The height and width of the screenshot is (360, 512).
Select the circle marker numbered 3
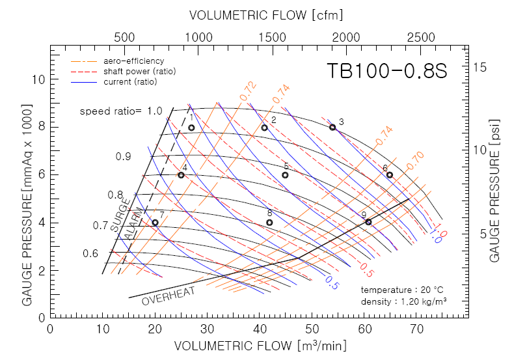[x=332, y=127]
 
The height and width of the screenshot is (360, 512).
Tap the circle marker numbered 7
[x=155, y=222]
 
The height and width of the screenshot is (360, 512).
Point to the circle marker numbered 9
[x=368, y=222]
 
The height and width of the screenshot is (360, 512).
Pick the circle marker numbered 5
[x=285, y=174]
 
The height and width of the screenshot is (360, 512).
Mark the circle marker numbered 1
[x=191, y=128]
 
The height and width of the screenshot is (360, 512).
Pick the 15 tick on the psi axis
[x=480, y=67]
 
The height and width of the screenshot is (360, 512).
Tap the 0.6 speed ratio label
[x=90, y=253]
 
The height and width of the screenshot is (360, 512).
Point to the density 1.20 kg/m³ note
[x=403, y=301]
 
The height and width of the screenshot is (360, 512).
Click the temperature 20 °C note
[x=403, y=290]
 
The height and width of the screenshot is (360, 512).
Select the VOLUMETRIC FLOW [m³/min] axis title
[x=260, y=345]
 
